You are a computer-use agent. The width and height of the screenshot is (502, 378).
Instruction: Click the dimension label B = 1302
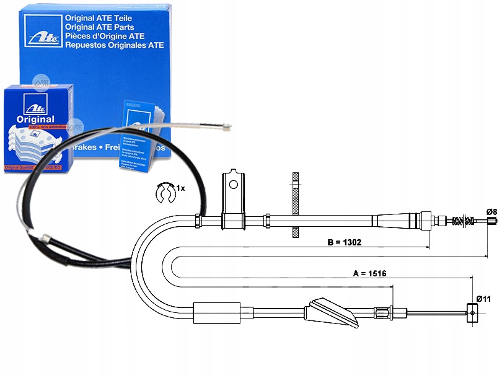pos(344,242)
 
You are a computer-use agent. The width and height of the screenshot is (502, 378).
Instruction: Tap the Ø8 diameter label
pos(491,212)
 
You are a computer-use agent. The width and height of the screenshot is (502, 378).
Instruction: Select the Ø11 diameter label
pos(484,299)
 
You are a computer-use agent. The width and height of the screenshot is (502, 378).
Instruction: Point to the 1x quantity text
pos(180,187)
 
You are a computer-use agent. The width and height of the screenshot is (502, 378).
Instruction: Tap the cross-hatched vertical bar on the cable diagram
pos(295,204)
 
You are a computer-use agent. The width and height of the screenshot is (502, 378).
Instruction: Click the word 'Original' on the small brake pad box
pos(32,119)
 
